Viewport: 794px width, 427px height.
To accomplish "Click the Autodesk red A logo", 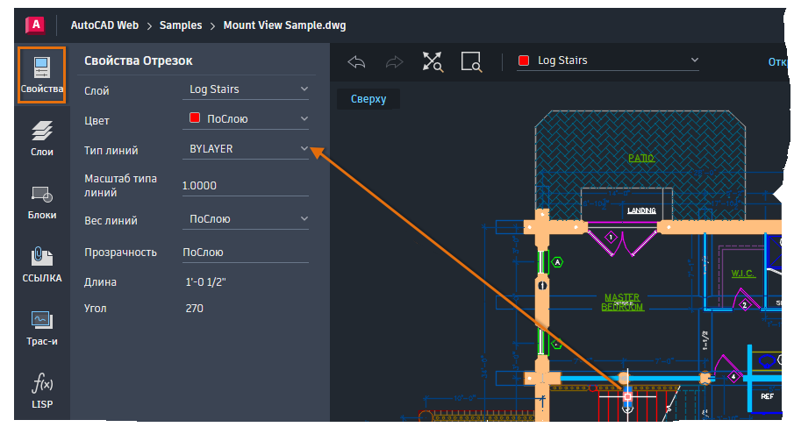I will coord(35,25).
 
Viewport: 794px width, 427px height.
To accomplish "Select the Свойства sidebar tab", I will coord(41,75).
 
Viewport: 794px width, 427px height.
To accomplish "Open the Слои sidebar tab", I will coord(41,139).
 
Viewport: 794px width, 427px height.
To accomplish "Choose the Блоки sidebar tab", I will coord(41,202).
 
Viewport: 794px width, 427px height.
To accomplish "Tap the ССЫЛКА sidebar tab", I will coord(41,265).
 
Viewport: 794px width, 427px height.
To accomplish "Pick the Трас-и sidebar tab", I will coord(41,328).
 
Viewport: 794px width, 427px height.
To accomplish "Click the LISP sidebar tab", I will coord(41,391).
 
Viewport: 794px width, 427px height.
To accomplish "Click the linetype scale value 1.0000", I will coord(245,186).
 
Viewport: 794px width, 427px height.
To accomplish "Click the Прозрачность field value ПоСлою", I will coord(245,253).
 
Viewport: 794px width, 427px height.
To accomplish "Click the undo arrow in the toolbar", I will coord(356,61).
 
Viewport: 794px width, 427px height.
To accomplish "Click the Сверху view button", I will coord(368,99).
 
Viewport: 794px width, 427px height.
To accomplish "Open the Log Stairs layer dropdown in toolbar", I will coord(609,60).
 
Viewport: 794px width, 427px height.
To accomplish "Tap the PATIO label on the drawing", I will coord(641,159).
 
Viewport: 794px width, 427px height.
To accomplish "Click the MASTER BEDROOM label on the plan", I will coord(622,302).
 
